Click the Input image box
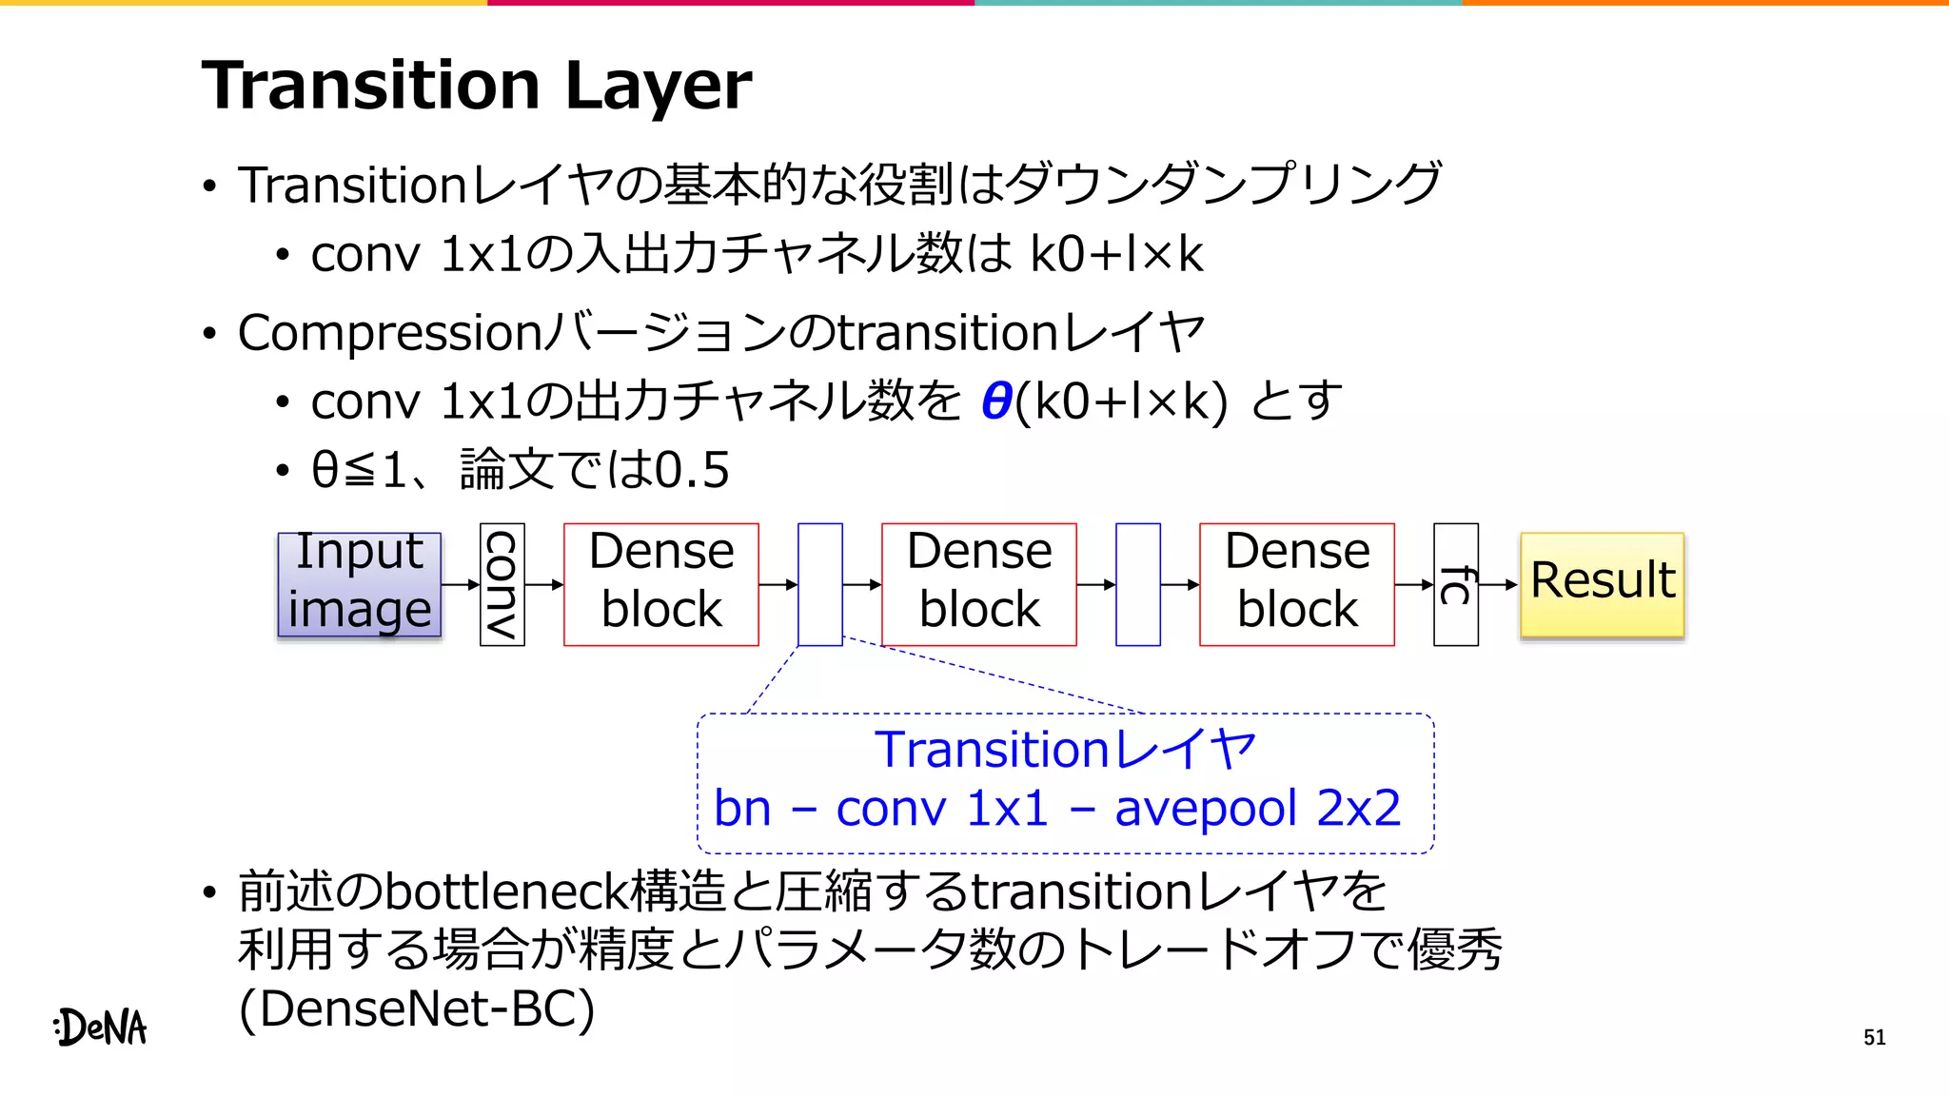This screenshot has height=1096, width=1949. coord(360,584)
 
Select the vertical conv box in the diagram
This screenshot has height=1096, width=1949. coord(502,584)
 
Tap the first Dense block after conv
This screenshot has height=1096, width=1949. coord(661,584)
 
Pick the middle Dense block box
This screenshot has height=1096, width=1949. coord(979,584)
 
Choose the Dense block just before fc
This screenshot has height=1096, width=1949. coord(1297,584)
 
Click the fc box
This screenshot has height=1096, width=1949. coord(1456,584)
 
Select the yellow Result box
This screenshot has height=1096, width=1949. coord(1603,584)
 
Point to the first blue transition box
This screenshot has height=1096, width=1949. coord(820,584)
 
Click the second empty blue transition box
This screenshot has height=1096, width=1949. coord(1138,584)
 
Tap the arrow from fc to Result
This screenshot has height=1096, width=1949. coord(1500,584)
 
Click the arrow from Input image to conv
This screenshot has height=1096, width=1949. coord(461,584)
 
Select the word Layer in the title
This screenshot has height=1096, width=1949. coord(659,86)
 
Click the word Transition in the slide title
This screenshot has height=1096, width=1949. coord(371,86)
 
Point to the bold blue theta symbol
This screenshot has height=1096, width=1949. coord(996,401)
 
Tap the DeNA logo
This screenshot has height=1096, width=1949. coord(101,1027)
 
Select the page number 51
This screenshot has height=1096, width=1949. coord(1874,1037)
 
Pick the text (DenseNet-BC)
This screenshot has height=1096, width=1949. coord(417,1008)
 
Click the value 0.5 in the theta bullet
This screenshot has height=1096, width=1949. coord(693,470)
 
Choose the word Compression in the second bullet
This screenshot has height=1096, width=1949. coord(390,333)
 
